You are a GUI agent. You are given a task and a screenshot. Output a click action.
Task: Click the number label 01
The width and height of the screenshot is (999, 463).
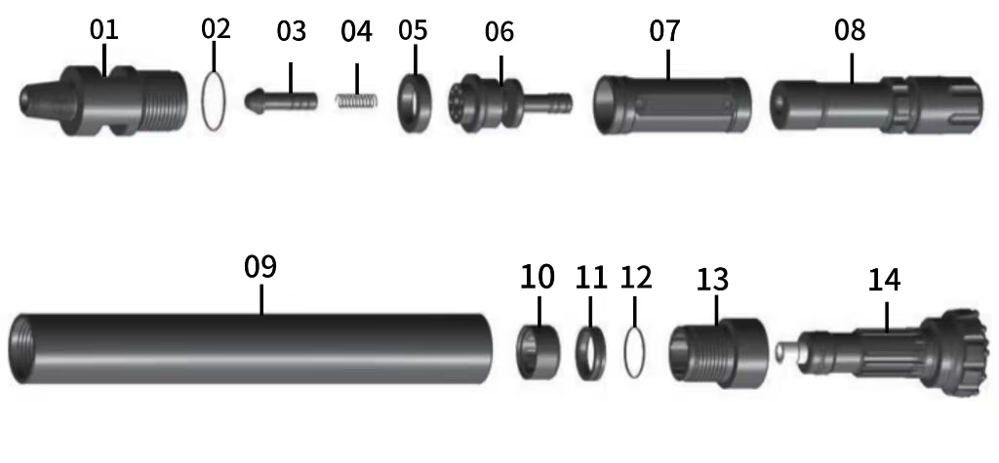coord(104,28)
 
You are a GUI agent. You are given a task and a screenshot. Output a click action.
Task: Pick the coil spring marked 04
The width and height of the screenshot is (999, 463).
coord(357,99)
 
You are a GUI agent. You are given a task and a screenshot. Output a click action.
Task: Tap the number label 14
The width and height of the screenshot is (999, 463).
coord(884,281)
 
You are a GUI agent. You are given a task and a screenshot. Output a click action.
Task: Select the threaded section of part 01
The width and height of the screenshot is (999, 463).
coord(156,101)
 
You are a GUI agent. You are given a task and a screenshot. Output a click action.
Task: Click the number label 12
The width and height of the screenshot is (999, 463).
coord(635,278)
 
